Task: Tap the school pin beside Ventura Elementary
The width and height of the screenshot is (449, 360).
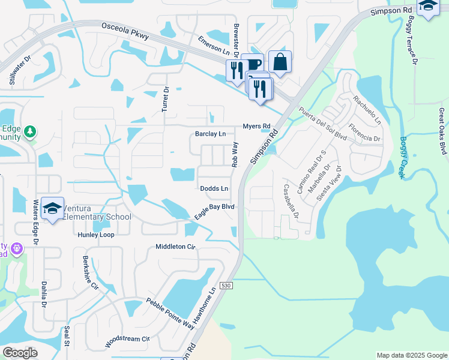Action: click(53, 208)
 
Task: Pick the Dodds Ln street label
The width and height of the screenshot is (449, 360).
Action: click(214, 188)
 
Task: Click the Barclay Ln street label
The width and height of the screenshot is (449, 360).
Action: click(210, 134)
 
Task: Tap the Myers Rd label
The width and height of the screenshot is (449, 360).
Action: click(256, 126)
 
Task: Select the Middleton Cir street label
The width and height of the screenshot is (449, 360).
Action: click(176, 247)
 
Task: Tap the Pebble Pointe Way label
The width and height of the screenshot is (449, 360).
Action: click(170, 313)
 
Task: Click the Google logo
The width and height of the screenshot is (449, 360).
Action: click(20, 353)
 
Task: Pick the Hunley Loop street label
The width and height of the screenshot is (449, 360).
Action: click(96, 235)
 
